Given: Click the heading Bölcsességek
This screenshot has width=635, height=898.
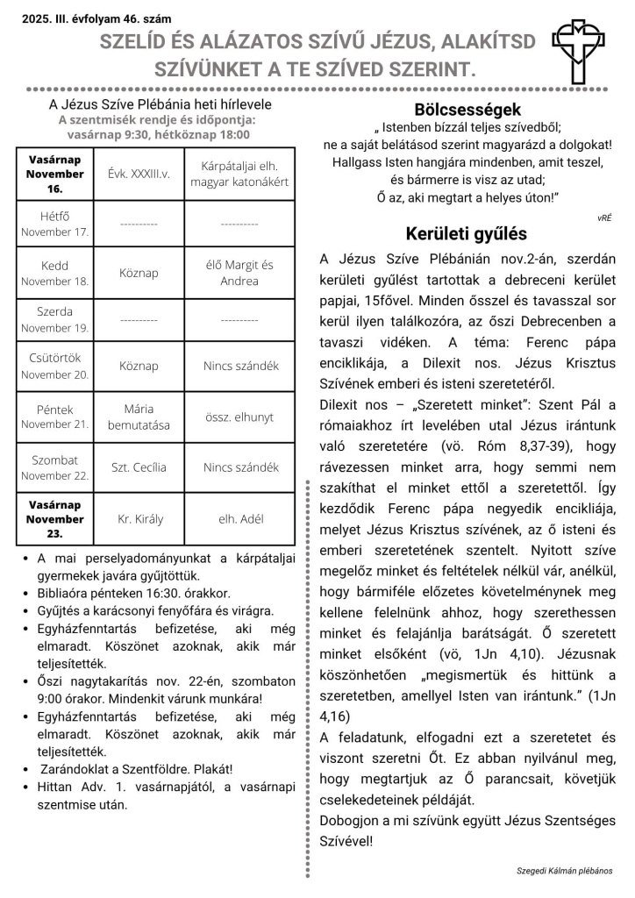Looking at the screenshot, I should pos(467,110).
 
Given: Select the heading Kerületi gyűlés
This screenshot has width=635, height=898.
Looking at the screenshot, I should pos(467,234).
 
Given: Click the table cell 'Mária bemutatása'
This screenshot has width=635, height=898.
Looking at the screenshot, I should pos(139,417).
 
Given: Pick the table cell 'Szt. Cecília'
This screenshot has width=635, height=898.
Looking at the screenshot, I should pos(139,467).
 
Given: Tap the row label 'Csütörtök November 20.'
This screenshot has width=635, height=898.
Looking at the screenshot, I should pos(56,367).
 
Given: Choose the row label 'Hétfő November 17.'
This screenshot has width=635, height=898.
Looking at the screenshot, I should pos(56,224).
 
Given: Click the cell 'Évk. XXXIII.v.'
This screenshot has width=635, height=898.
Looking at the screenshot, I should pos(139,174).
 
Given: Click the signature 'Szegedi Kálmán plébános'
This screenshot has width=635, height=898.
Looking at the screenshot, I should pos(565,871).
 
